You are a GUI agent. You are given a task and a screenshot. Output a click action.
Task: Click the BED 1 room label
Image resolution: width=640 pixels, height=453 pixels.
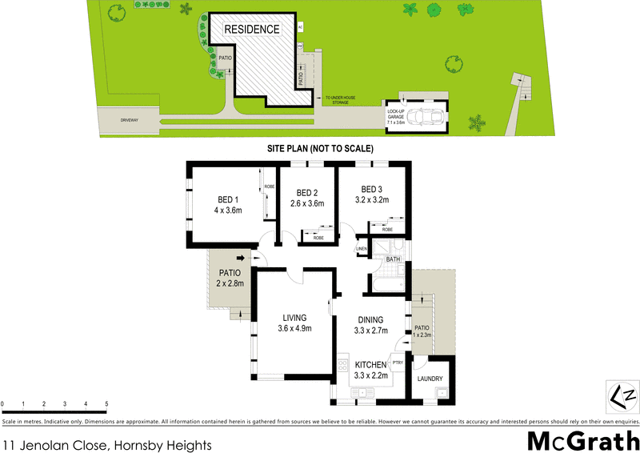[228, 199]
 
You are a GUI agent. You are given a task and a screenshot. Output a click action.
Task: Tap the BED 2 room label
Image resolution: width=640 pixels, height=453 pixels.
[308, 193]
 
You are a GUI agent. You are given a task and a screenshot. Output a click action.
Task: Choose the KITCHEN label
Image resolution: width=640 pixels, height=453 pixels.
[370, 365]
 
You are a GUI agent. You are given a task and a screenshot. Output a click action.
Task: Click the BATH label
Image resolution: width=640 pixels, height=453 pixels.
[393, 259]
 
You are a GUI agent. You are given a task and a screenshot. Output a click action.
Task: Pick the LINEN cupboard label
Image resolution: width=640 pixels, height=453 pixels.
[362, 249]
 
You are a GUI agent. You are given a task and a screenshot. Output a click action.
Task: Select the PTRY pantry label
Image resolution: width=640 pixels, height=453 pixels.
[397, 362]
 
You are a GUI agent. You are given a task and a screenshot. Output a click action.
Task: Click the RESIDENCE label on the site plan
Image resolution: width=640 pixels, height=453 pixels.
[251, 30]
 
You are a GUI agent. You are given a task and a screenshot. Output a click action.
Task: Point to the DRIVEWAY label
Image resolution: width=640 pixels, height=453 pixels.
[130, 120]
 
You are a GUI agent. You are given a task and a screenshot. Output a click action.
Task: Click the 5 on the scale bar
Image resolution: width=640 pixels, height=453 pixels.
[106, 403]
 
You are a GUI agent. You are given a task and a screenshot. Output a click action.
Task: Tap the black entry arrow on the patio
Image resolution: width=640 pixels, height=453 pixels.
[240, 258]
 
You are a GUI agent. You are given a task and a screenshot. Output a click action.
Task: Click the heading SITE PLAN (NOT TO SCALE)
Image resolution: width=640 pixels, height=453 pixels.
[320, 149]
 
